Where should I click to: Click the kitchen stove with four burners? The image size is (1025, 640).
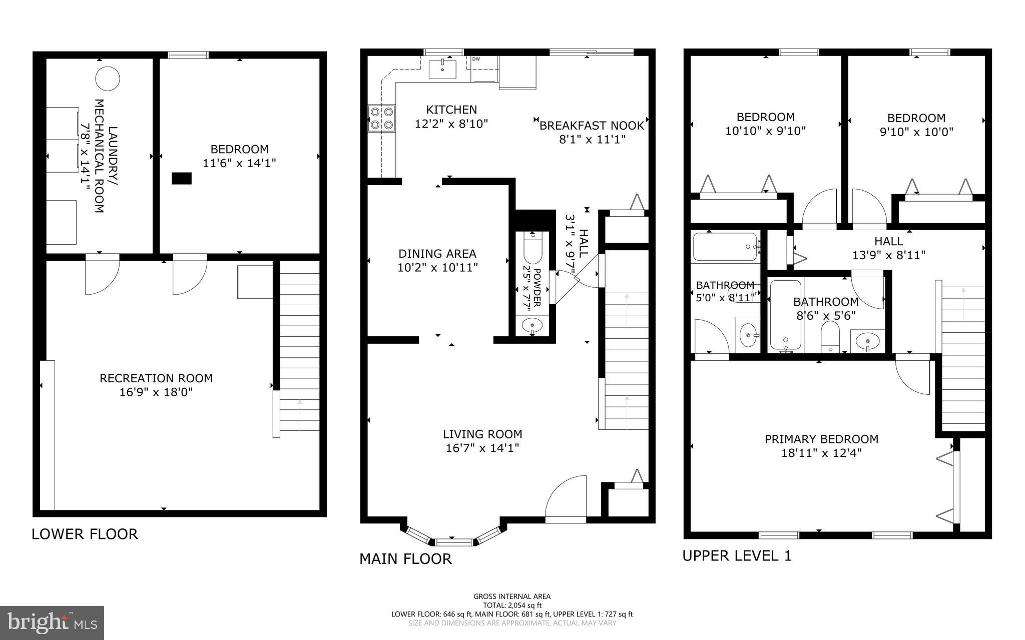381,118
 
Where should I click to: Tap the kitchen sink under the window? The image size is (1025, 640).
442,68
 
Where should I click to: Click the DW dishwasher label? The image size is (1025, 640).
476,59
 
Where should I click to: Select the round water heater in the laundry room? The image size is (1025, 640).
108,79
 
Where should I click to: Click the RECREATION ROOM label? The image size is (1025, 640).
156,378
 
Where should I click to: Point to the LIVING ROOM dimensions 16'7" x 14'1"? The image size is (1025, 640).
482,448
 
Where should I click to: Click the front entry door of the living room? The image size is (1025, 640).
566,500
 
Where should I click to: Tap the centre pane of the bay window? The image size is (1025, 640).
453,542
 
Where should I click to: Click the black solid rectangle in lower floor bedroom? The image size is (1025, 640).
181,178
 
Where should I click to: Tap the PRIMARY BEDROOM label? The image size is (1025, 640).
821,439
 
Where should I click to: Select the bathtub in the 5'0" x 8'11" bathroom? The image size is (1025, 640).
725,247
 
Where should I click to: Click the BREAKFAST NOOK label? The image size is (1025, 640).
592,126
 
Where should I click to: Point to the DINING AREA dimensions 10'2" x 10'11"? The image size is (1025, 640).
437,268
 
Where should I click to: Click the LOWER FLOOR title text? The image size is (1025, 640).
85,534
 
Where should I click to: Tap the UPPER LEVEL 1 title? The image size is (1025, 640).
737,555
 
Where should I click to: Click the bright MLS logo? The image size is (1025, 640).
52,622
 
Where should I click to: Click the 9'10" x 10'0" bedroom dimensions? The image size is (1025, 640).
916,132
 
